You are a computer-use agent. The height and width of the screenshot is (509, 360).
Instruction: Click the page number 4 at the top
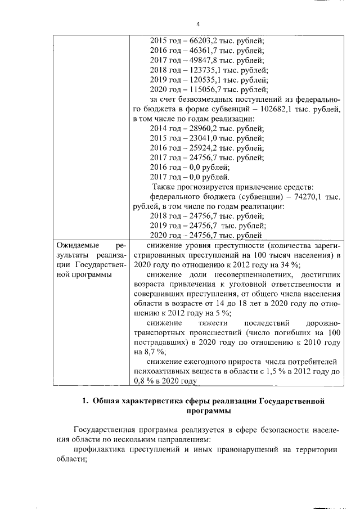(x=197, y=24)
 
